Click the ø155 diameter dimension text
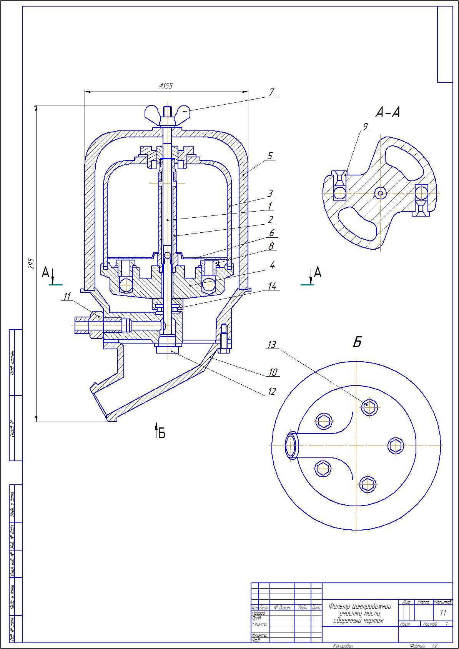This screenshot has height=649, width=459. pos(166,86)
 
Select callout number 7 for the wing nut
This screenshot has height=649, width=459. pos(271,92)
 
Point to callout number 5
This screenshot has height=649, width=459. pos(270,156)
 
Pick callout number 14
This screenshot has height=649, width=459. pos(272,286)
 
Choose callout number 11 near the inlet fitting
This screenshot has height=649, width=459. pos(67,296)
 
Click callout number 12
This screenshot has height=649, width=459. pos(272,392)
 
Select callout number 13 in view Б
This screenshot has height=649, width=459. pos(272,345)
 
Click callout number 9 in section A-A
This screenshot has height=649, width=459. pos(365,126)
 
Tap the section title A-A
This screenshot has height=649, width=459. pos(387,112)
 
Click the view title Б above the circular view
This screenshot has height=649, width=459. pos(357,342)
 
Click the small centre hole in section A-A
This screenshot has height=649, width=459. pos(381,193)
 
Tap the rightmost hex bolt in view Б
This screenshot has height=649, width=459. pos(396,446)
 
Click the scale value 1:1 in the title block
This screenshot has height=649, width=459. pos(443,613)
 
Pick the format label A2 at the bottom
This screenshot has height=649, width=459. pos(434,646)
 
